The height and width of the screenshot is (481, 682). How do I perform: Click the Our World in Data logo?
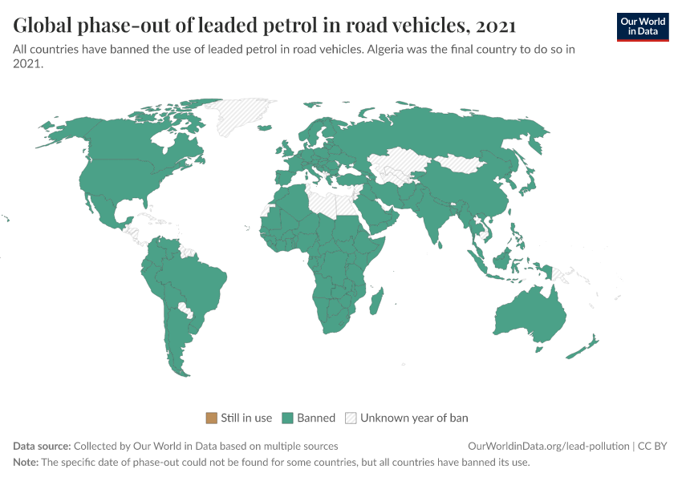pos(642,26)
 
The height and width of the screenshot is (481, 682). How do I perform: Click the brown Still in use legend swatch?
pos(212,418)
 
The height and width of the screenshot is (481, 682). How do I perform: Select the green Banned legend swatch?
pos(287,418)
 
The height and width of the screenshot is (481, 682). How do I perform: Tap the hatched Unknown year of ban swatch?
pos(351,418)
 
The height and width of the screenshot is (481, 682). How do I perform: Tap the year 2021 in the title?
pos(495,26)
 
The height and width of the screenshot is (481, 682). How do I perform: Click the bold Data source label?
pos(42,446)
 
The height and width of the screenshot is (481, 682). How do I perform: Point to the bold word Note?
pos(26,463)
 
